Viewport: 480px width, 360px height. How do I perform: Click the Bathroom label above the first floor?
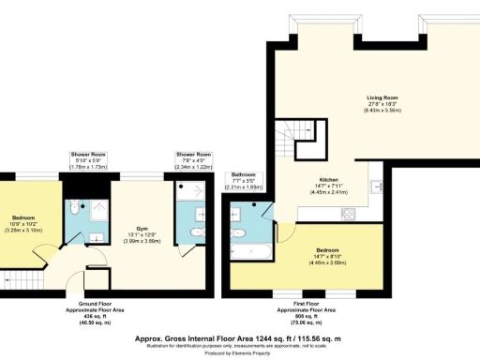pos(244,180)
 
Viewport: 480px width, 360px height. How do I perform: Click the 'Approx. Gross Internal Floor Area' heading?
pos(239,336)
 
